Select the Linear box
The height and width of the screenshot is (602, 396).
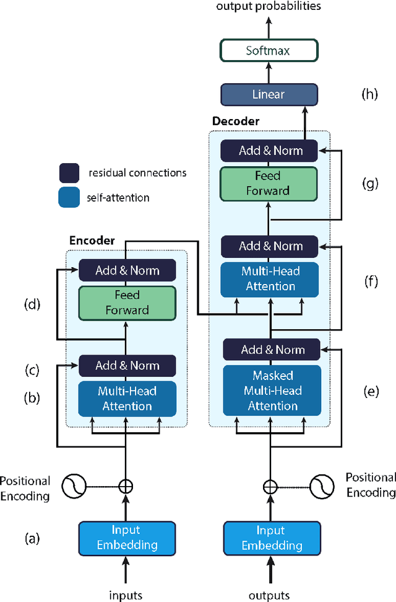(x=269, y=94)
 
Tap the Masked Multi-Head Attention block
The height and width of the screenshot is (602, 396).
(x=272, y=391)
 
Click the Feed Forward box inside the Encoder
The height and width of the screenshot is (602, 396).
(x=127, y=303)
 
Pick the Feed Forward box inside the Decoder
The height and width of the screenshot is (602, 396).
(x=268, y=184)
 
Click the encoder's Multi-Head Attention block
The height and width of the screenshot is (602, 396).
(x=127, y=399)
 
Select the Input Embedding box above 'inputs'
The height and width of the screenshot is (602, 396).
(x=126, y=538)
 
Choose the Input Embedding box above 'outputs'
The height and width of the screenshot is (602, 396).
(x=272, y=538)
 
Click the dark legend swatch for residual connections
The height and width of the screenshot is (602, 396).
(x=69, y=172)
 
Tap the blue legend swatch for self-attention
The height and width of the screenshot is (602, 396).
(x=69, y=198)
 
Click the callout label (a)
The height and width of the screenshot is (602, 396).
(x=31, y=538)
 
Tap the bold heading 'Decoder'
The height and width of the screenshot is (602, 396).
(x=235, y=121)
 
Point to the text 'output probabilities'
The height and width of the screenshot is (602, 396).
(x=269, y=6)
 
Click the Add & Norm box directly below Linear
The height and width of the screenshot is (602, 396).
(x=270, y=151)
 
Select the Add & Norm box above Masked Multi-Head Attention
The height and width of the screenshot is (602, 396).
(x=272, y=350)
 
